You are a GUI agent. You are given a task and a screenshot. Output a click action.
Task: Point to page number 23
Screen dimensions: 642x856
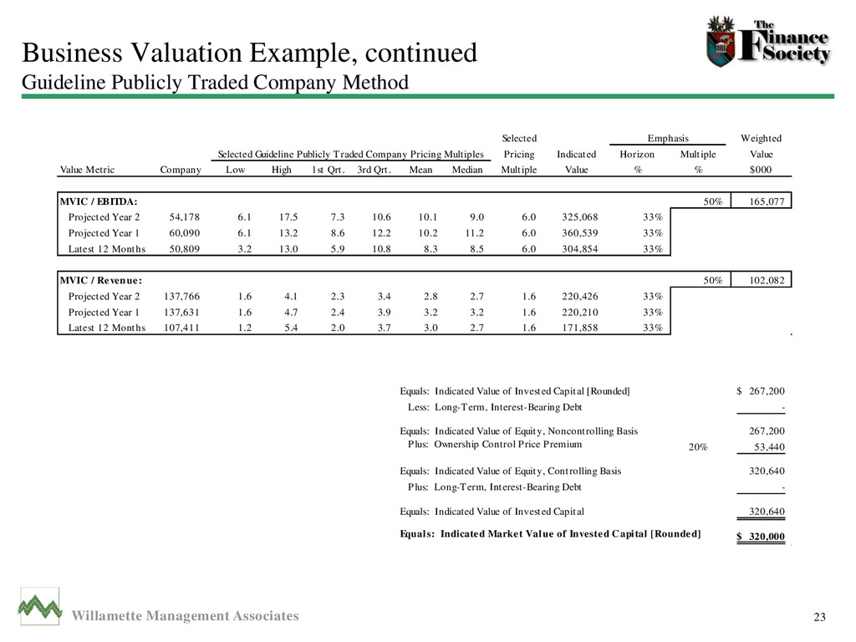[819, 618]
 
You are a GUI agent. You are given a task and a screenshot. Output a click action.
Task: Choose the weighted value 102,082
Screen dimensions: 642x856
[762, 279]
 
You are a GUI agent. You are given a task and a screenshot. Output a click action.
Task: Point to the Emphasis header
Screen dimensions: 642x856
[669, 138]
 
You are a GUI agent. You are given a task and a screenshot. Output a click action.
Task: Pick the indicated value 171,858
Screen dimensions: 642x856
[577, 327]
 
